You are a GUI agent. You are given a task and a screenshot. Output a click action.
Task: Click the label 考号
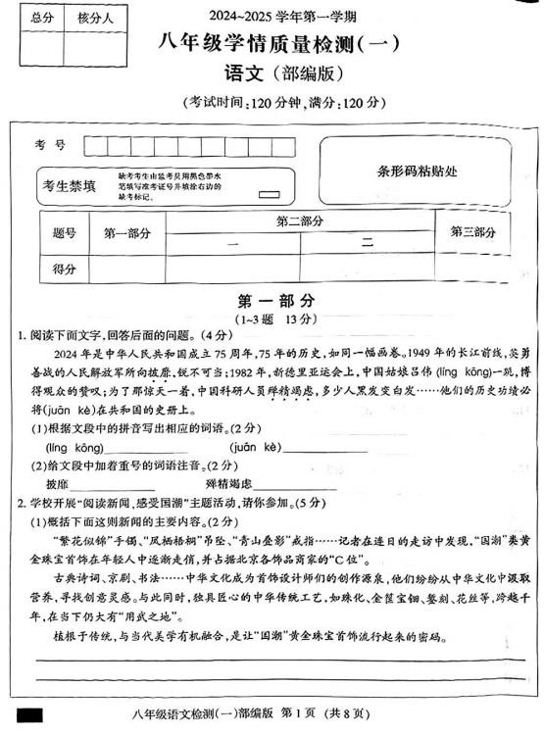(x=50, y=144)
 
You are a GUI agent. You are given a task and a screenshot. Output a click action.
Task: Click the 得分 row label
(x=64, y=268)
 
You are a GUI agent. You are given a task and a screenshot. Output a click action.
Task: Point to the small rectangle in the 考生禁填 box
(x=265, y=194)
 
